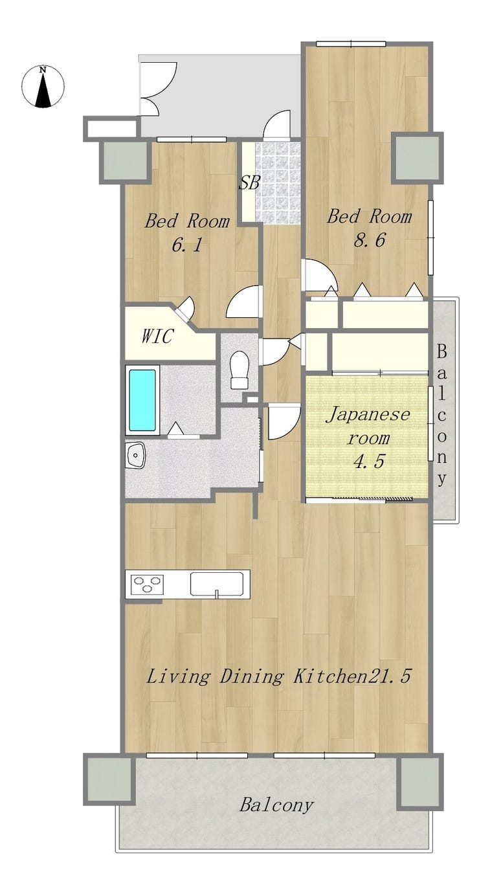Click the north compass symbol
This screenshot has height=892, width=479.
click(x=43, y=86)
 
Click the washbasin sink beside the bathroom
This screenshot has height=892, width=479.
click(x=135, y=455)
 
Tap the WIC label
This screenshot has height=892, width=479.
click(x=157, y=336)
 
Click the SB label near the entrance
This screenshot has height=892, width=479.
click(x=249, y=183)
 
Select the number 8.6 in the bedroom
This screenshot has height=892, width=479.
click(x=369, y=240)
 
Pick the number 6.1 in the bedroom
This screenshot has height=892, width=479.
click(x=187, y=244)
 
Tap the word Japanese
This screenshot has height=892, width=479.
click(x=368, y=415)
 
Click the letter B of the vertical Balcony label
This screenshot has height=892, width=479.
click(x=441, y=351)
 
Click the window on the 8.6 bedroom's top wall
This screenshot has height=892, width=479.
click(x=351, y=44)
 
